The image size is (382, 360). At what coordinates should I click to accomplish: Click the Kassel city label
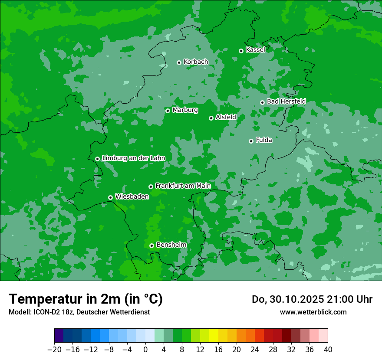255,50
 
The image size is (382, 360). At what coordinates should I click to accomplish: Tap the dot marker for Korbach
179,62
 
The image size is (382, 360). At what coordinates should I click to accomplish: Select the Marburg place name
185,110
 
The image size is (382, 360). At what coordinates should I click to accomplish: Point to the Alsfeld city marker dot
211,118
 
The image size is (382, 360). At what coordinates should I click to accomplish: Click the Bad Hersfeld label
286,101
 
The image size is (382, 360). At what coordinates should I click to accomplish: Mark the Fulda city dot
251,141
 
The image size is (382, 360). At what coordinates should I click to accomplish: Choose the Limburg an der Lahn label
133,158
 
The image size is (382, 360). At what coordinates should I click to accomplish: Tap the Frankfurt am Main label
183,186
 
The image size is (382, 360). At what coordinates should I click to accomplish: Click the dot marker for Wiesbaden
111,197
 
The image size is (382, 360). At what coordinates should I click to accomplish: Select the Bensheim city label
171,245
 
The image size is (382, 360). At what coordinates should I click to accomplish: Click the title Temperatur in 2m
86,299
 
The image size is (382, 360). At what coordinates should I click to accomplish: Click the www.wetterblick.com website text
313,312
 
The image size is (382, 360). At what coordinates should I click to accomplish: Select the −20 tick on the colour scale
54,350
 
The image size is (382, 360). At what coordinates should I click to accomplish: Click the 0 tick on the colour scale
145,350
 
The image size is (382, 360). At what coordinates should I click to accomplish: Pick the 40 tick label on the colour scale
328,350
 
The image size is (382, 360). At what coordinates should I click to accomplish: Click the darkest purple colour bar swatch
59,336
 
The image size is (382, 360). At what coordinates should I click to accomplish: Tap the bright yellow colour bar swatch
214,336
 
